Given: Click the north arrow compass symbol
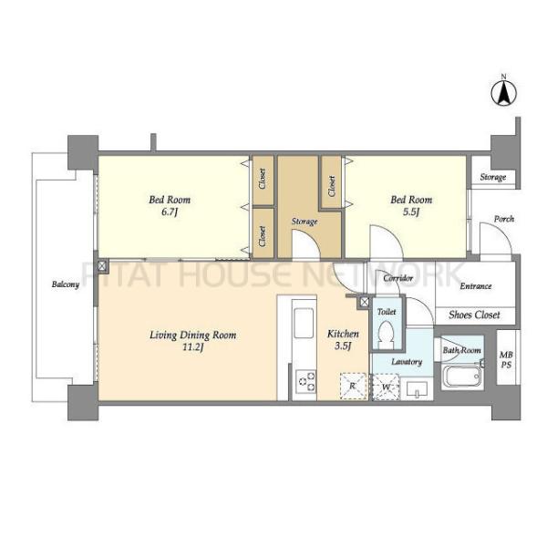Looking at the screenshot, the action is (504, 91).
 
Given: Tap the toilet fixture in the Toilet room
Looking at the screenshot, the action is (386, 333).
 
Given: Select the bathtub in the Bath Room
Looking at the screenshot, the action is (461, 376).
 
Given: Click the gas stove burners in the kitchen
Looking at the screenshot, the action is (305, 381).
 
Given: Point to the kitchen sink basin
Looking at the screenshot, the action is (304, 323).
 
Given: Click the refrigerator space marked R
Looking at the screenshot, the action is (353, 386).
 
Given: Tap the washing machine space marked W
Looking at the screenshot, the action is (386, 387).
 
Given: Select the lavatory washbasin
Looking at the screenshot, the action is (418, 388).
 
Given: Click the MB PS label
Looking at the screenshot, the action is (506, 360).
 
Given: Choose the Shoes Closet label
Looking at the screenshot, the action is (474, 315).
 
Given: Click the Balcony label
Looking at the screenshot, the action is (66, 284).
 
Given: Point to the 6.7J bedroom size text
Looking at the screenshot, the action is (170, 212).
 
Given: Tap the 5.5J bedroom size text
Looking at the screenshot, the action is (411, 212).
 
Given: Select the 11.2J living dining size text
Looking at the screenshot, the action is (193, 347).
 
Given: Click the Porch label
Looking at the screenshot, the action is (504, 219).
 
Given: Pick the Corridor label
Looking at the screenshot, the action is (398, 278).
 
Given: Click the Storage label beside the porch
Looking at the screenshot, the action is (493, 177).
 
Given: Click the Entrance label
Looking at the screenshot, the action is (476, 286).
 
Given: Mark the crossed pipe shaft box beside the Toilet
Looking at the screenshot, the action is (364, 302).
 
